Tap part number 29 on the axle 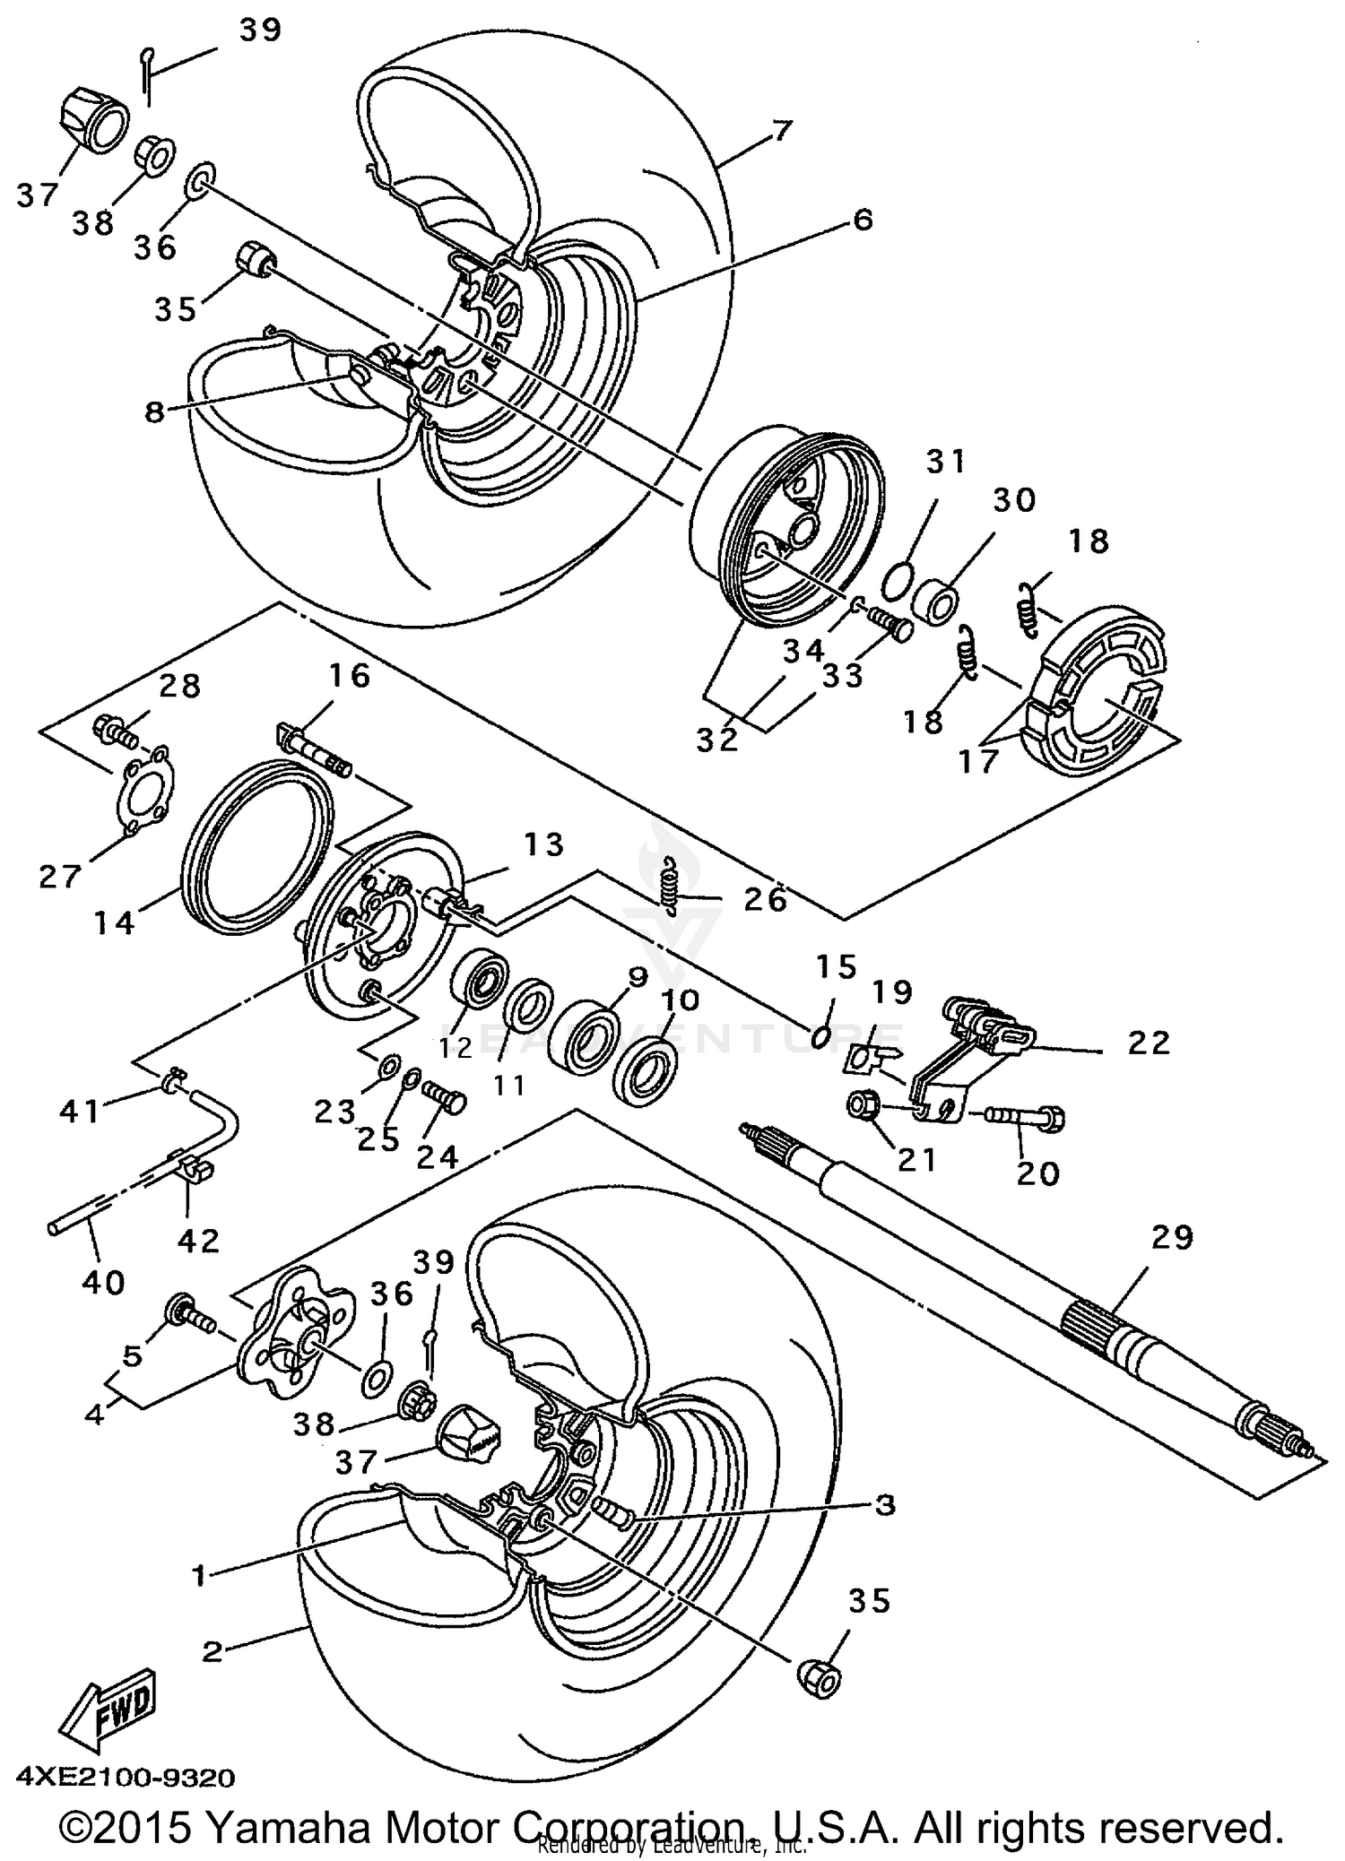click(1173, 1237)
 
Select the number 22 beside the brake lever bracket click(1149, 1042)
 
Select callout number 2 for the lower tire click(212, 1650)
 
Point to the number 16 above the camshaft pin click(348, 675)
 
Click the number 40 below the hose click(103, 1283)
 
